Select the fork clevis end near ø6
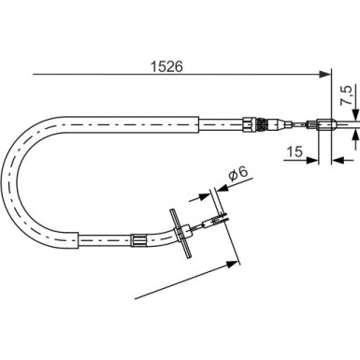pos(213,223)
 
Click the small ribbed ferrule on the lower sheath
pos(137,241)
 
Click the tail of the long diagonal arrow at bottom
pos(136,297)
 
